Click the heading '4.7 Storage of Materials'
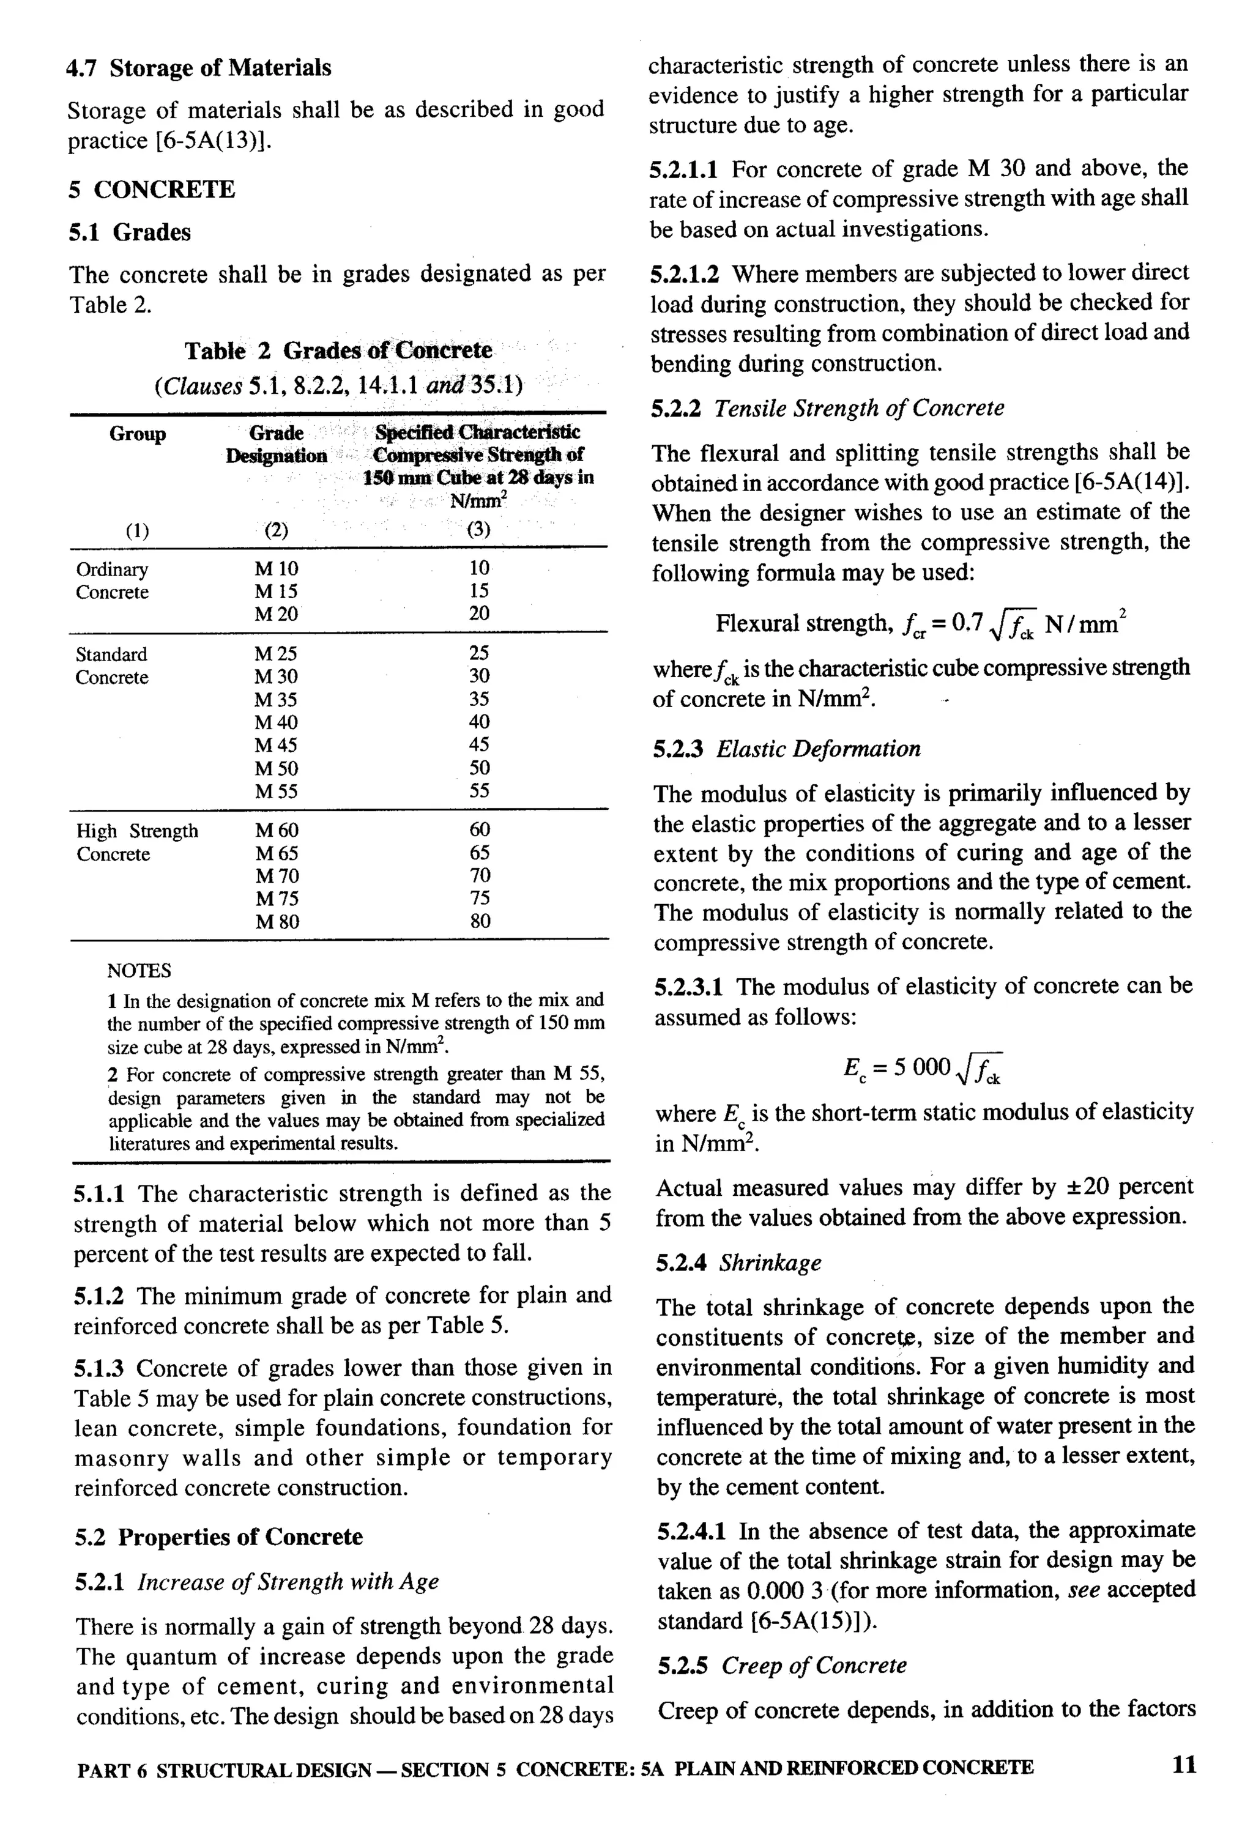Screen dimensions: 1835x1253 click(198, 69)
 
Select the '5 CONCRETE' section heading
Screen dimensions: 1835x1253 click(152, 190)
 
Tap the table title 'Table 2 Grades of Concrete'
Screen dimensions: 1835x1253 click(338, 350)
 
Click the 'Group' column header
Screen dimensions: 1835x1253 click(138, 434)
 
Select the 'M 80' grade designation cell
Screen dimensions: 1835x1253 click(277, 921)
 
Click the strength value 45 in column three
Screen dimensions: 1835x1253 click(479, 744)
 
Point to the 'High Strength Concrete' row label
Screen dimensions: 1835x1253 click(136, 842)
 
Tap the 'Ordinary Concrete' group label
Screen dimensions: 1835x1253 click(112, 580)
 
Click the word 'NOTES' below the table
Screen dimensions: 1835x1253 click(139, 970)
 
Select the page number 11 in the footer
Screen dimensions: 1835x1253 click(1184, 1764)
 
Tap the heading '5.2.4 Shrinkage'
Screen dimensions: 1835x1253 click(737, 1262)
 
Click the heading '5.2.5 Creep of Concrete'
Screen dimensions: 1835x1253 click(782, 1665)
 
